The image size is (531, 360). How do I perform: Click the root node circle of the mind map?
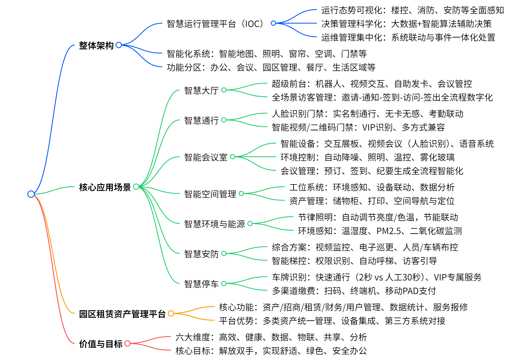31,194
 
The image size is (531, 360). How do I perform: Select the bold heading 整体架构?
96,46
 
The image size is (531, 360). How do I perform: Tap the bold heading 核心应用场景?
105,187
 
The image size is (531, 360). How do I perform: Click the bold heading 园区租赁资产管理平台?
122,314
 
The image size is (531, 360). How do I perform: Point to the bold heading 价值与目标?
100,344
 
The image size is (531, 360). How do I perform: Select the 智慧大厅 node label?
201,90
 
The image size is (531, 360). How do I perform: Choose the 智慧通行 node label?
201,120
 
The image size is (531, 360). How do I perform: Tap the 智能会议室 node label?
206,157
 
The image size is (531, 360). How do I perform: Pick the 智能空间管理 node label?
210,194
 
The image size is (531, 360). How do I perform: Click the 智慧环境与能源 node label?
214,224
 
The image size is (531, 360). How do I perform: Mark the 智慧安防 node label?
201,254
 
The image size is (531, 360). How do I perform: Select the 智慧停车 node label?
201,284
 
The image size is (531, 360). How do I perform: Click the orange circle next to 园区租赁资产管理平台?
171,313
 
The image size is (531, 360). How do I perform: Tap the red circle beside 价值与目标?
127,343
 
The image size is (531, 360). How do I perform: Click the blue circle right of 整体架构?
119,45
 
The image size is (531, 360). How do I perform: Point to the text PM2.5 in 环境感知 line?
389,231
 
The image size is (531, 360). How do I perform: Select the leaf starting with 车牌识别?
377,277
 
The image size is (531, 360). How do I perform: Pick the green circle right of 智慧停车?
224,283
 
